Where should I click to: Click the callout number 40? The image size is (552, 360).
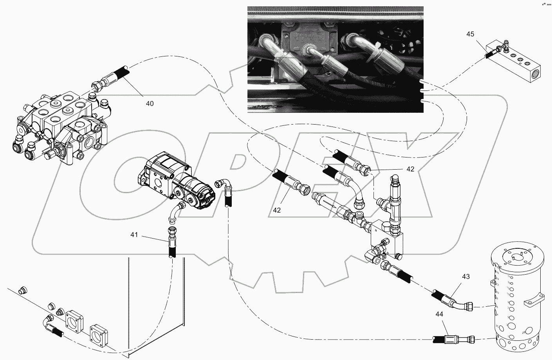[x=150, y=103]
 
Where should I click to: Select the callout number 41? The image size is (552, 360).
[x=134, y=235]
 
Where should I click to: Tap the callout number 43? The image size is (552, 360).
[x=465, y=277]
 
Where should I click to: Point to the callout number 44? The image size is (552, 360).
[x=440, y=313]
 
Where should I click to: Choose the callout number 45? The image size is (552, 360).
[x=470, y=34]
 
